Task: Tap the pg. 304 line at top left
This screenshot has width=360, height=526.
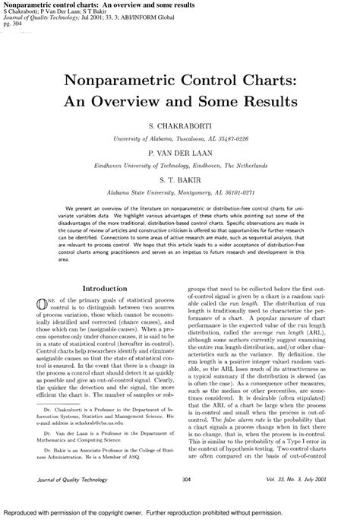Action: tap(14, 23)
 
